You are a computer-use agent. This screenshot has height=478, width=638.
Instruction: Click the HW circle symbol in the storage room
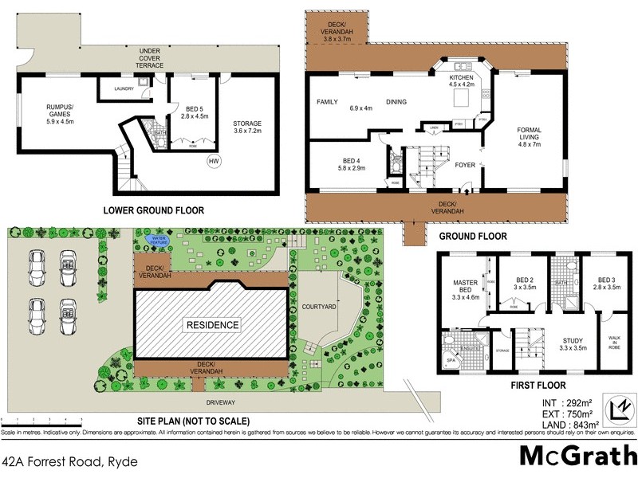coord(213,163)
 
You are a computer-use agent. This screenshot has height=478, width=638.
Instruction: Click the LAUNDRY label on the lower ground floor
coord(124,89)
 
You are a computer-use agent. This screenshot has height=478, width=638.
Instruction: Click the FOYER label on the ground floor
coord(466,166)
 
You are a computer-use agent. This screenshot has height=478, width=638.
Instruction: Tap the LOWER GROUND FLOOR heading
coord(153,210)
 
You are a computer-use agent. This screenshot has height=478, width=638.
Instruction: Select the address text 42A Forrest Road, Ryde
coord(70,461)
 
